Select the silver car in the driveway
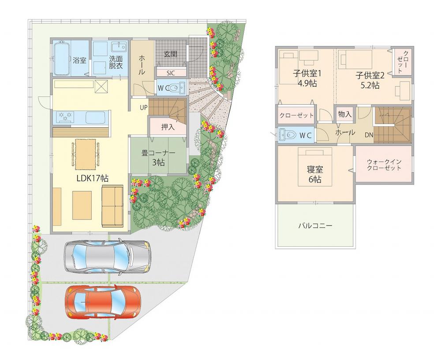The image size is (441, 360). (x=107, y=256)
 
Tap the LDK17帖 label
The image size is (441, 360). (x=93, y=178)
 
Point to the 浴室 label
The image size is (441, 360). (x=79, y=60)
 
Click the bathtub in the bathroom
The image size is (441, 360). (x=61, y=59)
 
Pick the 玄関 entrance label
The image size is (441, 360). (x=171, y=54)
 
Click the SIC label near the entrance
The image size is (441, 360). (x=170, y=73)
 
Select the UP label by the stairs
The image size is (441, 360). (x=144, y=108)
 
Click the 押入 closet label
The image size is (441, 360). (x=168, y=127)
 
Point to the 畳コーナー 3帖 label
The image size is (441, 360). (x=158, y=158)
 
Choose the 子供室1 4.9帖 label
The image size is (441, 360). (x=307, y=79)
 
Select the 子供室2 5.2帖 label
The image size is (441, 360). (x=370, y=80)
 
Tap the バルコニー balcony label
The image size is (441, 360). (x=315, y=226)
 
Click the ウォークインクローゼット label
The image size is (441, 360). (x=384, y=164)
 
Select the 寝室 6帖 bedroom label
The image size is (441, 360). (x=314, y=174)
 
